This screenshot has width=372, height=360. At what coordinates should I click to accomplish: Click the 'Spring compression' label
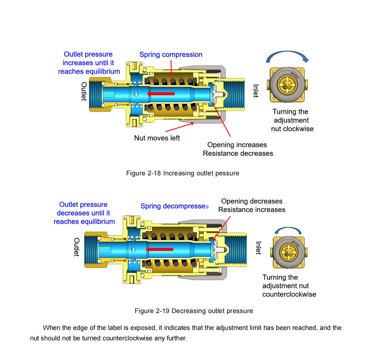tap(171, 55)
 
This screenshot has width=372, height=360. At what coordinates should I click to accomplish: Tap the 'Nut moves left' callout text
tap(157, 138)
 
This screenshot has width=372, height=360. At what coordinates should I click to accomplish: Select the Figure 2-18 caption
tap(182, 173)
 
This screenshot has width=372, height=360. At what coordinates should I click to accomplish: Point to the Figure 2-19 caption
tap(194, 311)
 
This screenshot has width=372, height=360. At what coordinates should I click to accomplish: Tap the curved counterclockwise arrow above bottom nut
tap(288, 230)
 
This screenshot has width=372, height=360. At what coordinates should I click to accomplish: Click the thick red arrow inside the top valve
tap(161, 94)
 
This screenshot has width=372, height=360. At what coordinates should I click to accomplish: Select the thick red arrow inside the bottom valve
tap(159, 249)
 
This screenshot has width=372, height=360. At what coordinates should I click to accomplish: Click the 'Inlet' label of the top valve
tap(256, 91)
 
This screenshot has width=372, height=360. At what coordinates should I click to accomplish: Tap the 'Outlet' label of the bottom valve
tap(76, 247)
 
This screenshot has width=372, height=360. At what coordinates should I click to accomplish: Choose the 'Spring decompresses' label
tap(174, 206)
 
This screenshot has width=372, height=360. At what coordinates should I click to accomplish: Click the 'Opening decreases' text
tap(252, 201)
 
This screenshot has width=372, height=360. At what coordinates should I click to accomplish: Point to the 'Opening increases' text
tap(237, 145)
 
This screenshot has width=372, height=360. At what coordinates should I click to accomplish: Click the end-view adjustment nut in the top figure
tap(287, 85)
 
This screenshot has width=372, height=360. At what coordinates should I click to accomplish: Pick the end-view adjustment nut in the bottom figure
tap(289, 252)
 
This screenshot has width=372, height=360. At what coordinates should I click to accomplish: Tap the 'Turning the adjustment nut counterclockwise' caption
tap(289, 286)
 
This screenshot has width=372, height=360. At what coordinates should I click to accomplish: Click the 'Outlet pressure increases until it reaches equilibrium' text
tap(89, 63)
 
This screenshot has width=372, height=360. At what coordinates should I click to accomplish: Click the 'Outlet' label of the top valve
tap(84, 91)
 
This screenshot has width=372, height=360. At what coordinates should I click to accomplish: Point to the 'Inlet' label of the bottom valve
tap(258, 248)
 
